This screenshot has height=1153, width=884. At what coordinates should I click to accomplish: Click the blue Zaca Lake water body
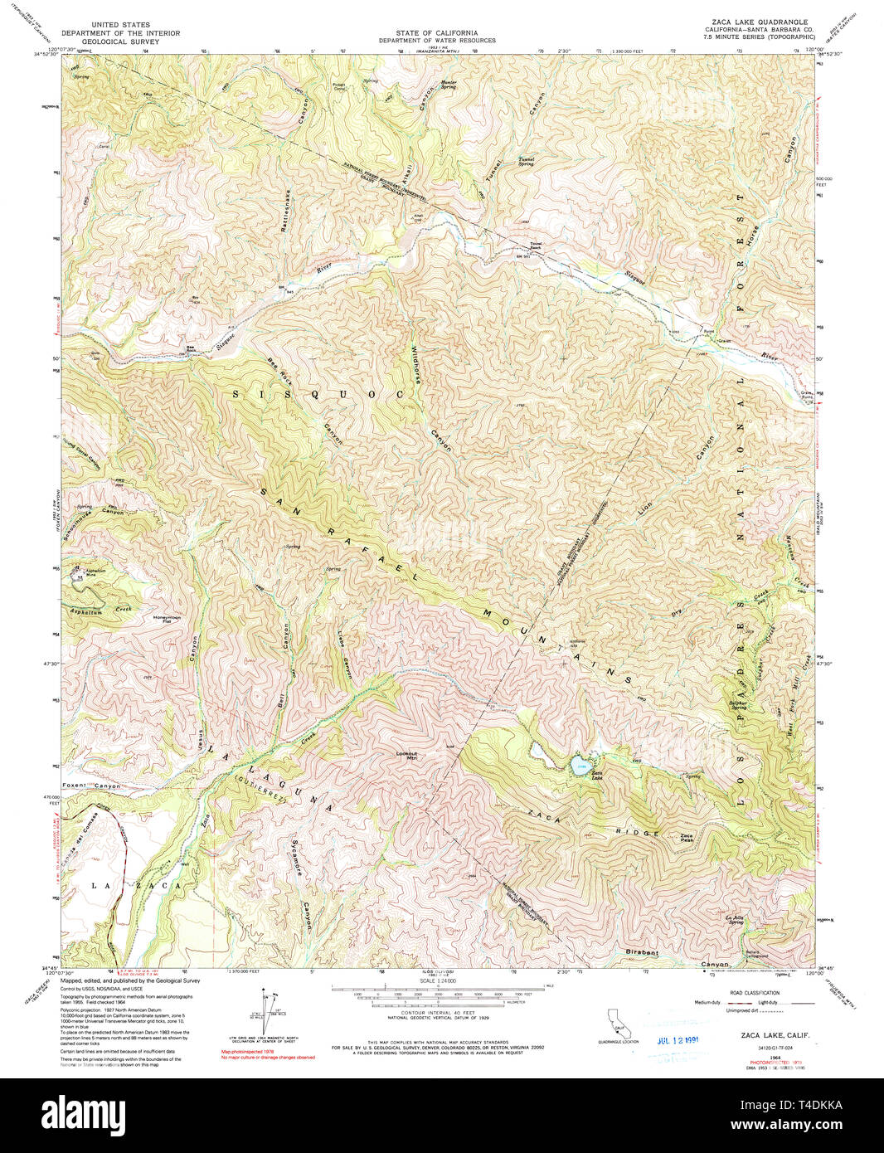580,763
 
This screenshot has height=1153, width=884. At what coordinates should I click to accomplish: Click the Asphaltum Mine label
96,572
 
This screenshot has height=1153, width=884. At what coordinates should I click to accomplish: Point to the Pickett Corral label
339,86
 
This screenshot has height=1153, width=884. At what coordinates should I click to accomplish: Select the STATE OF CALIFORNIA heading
437,32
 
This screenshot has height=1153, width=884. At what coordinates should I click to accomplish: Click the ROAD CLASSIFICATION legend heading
755,993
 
